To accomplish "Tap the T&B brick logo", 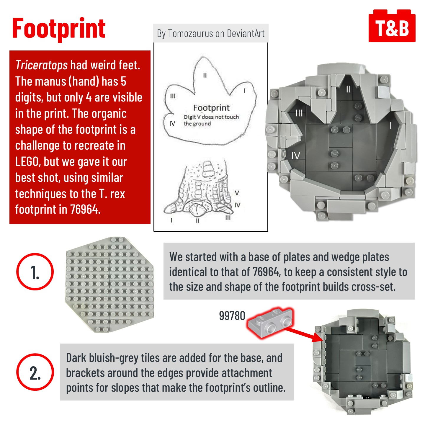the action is pyautogui.click(x=392, y=26).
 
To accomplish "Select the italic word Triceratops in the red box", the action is pyautogui.click(x=41, y=65).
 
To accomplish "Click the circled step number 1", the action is pyautogui.click(x=35, y=272).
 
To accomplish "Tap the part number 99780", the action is pyautogui.click(x=232, y=316).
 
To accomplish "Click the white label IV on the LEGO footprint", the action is pyautogui.click(x=296, y=156).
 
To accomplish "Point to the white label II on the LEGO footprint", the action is pyautogui.click(x=349, y=89).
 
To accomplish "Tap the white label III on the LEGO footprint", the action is pyautogui.click(x=299, y=113).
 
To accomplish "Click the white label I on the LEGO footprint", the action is pyautogui.click(x=391, y=125).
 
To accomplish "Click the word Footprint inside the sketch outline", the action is pyautogui.click(x=211, y=108).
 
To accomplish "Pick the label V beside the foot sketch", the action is pyautogui.click(x=237, y=193).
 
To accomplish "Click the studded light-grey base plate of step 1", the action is pyautogui.click(x=109, y=285).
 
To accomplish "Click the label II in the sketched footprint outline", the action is pyautogui.click(x=205, y=76).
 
